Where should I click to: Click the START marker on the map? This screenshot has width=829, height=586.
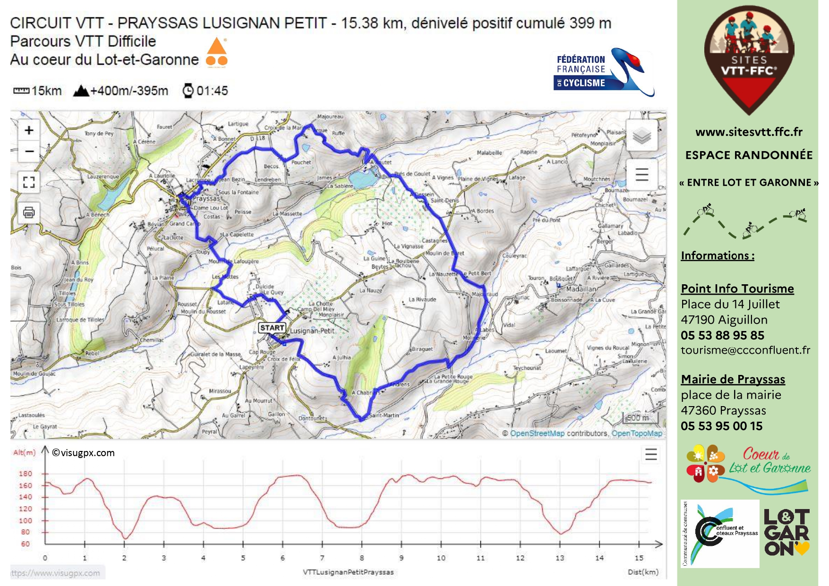(272, 328)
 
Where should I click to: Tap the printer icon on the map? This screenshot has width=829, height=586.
(29, 212)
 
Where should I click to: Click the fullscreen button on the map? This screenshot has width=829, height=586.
(29, 182)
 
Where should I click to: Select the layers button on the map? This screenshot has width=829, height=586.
(641, 136)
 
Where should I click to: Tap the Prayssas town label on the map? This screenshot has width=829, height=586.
(206, 199)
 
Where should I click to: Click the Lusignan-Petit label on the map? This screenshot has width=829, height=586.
(312, 331)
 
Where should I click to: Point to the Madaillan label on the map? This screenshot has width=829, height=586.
(581, 289)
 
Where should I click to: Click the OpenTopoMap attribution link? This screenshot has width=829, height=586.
(637, 433)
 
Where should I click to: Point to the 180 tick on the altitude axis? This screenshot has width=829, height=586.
(26, 474)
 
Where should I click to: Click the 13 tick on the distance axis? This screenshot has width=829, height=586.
(560, 558)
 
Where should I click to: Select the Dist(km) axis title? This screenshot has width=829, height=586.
(642, 572)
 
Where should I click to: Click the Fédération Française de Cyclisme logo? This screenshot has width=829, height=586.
(603, 72)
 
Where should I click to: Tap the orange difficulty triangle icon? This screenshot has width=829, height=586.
(217, 47)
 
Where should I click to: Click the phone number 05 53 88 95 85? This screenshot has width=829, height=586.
(722, 335)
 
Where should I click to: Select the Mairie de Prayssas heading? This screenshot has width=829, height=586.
(733, 379)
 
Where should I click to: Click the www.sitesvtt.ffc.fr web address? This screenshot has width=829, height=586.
(749, 132)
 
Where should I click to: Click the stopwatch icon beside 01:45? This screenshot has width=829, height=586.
(188, 91)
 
